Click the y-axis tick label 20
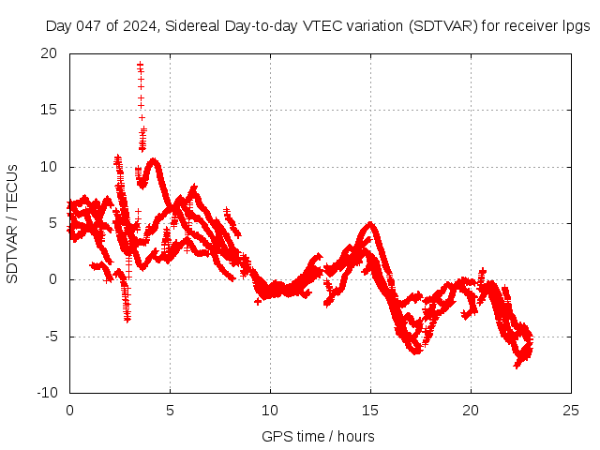pos(50,53)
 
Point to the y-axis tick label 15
pos(50,110)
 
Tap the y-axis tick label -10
pos(47,392)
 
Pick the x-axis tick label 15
pos(370,411)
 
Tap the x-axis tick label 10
pos(270,411)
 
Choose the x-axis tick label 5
pos(170,411)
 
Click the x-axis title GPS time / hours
pos(319,436)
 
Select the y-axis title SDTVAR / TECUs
pos(13,223)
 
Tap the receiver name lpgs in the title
pos(574,26)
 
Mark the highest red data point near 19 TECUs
pos(140,65)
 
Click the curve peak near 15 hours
pos(371,224)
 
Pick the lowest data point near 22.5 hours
pos(517,365)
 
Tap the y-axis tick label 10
pos(50,167)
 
